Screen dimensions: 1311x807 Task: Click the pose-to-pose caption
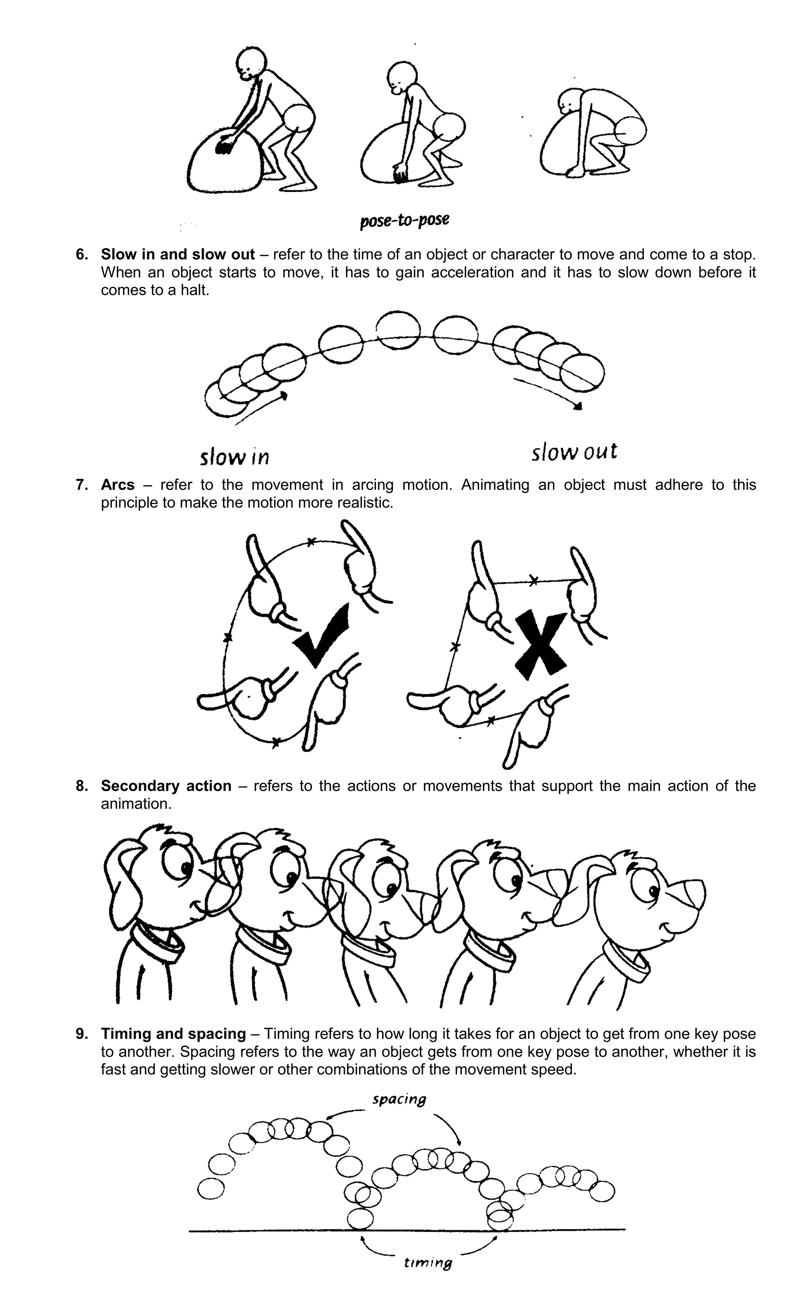tap(404, 220)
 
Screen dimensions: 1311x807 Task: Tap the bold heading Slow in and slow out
tap(178, 254)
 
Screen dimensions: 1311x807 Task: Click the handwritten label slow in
tap(234, 457)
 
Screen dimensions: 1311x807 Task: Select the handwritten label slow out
tap(574, 452)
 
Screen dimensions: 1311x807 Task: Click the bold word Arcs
tap(117, 485)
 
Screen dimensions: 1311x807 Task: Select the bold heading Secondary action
tap(166, 786)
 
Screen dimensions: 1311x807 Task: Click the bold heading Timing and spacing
tap(173, 1034)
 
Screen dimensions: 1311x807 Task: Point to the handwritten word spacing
tap(399, 1099)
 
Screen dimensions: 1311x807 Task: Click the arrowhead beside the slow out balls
tap(578, 407)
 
